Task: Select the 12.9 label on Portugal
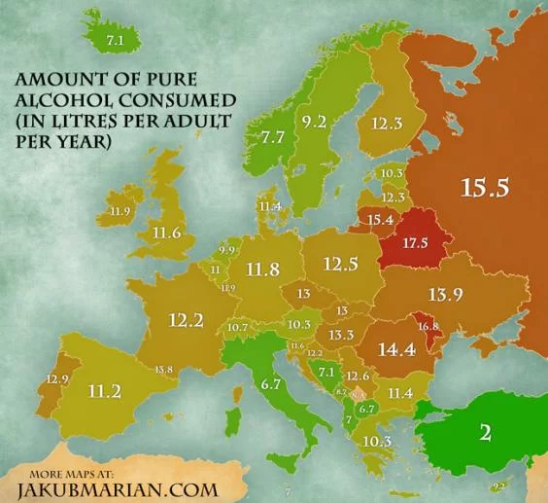[58, 377]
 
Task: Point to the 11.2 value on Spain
[104, 391]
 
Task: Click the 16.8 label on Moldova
[428, 326]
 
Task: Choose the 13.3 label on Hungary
[340, 335]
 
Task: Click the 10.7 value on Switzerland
[238, 328]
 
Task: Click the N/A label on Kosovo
[357, 395]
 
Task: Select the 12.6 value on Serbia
[358, 376]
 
